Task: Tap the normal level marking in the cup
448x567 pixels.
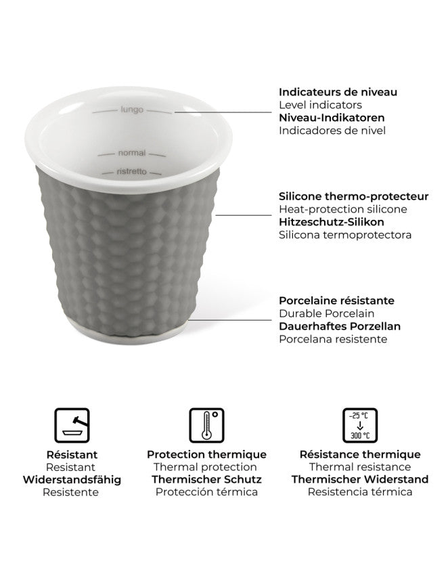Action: click(x=131, y=154)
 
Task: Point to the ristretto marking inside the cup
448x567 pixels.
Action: click(x=131, y=172)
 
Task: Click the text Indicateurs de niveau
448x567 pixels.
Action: click(x=338, y=92)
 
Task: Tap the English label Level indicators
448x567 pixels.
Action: click(x=320, y=105)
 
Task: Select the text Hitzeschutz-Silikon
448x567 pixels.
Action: click(x=332, y=222)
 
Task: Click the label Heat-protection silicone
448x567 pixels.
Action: click(x=342, y=209)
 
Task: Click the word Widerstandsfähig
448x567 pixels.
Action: click(x=72, y=480)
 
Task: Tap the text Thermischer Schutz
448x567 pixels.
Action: click(x=206, y=480)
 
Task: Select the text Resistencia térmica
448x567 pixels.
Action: click(x=360, y=493)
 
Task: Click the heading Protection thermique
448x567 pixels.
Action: click(x=206, y=455)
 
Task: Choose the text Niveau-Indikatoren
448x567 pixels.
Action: click(x=328, y=118)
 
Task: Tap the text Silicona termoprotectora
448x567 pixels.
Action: click(x=344, y=235)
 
